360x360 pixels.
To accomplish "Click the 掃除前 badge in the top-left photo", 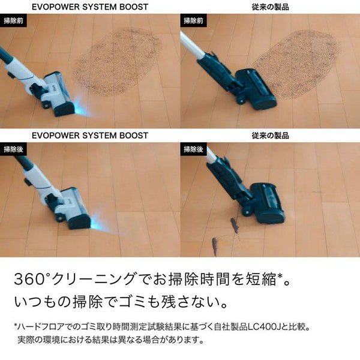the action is [x=13, y=20].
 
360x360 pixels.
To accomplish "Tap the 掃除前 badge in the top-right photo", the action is [x=194, y=20].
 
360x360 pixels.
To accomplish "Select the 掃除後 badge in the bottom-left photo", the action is [x=13, y=149].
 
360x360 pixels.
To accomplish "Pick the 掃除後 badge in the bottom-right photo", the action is [x=194, y=149].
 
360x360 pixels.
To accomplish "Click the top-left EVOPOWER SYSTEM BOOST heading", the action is [x=90, y=7].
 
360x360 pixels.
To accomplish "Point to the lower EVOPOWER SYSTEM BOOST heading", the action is [x=90, y=136].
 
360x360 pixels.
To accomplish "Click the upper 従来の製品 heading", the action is [x=270, y=7].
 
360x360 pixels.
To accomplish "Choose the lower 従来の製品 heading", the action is [x=270, y=136].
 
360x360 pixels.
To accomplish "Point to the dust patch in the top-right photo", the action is [x=296, y=63].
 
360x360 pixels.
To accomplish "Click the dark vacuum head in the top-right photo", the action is [x=256, y=88].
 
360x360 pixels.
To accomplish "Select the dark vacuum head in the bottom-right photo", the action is [x=268, y=202].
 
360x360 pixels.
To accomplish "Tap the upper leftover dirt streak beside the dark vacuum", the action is [x=235, y=226].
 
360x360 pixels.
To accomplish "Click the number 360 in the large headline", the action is [x=29, y=279].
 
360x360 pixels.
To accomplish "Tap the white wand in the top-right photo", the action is [x=193, y=45].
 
